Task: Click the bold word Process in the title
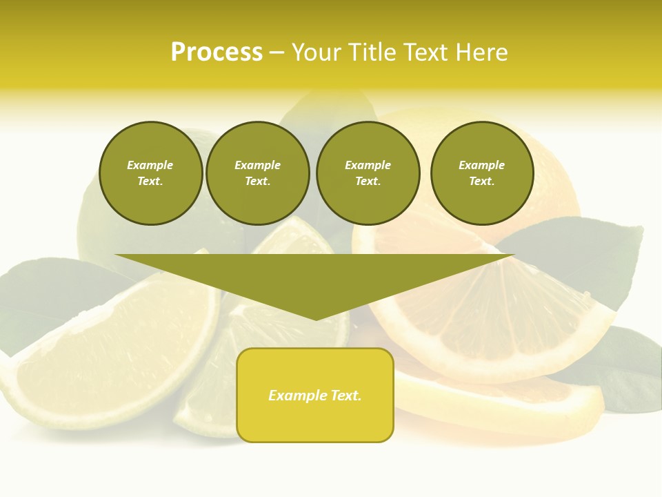pos(217,52)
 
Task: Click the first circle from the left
pos(150,173)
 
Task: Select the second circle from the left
pos(257,173)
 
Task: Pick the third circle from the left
pos(368,173)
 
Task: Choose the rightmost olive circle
pos(481,173)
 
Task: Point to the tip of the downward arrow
pos(316,318)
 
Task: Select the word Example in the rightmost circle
pos(481,165)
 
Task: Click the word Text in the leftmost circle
pos(150,182)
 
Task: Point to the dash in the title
pos(277,52)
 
